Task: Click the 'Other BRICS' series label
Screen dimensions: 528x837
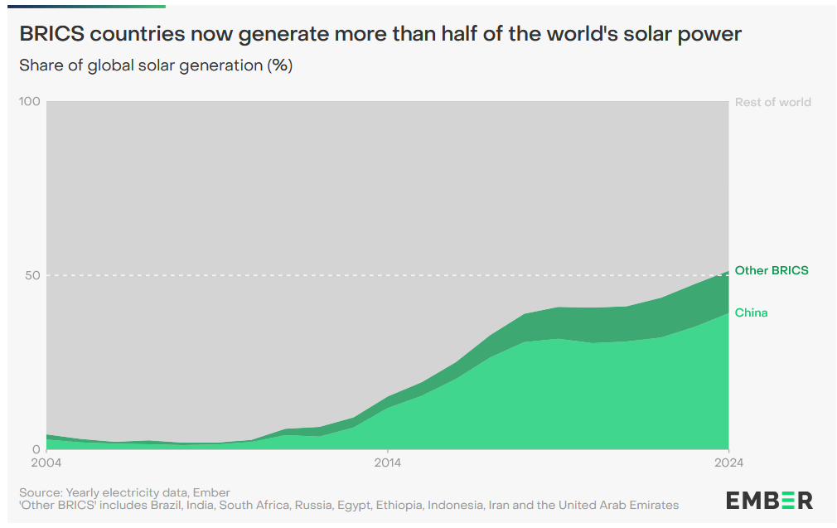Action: pos(771,270)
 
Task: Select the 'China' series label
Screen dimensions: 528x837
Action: pos(751,312)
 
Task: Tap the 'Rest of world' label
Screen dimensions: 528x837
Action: pos(772,102)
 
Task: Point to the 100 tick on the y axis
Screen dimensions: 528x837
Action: pos(30,102)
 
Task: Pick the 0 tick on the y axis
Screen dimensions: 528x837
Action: pos(36,448)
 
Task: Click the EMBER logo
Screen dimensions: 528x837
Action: pos(769,500)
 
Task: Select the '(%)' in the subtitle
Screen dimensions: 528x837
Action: pos(279,65)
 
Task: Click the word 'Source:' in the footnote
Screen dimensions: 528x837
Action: pos(41,492)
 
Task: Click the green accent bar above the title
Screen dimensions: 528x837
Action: pos(83,6)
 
